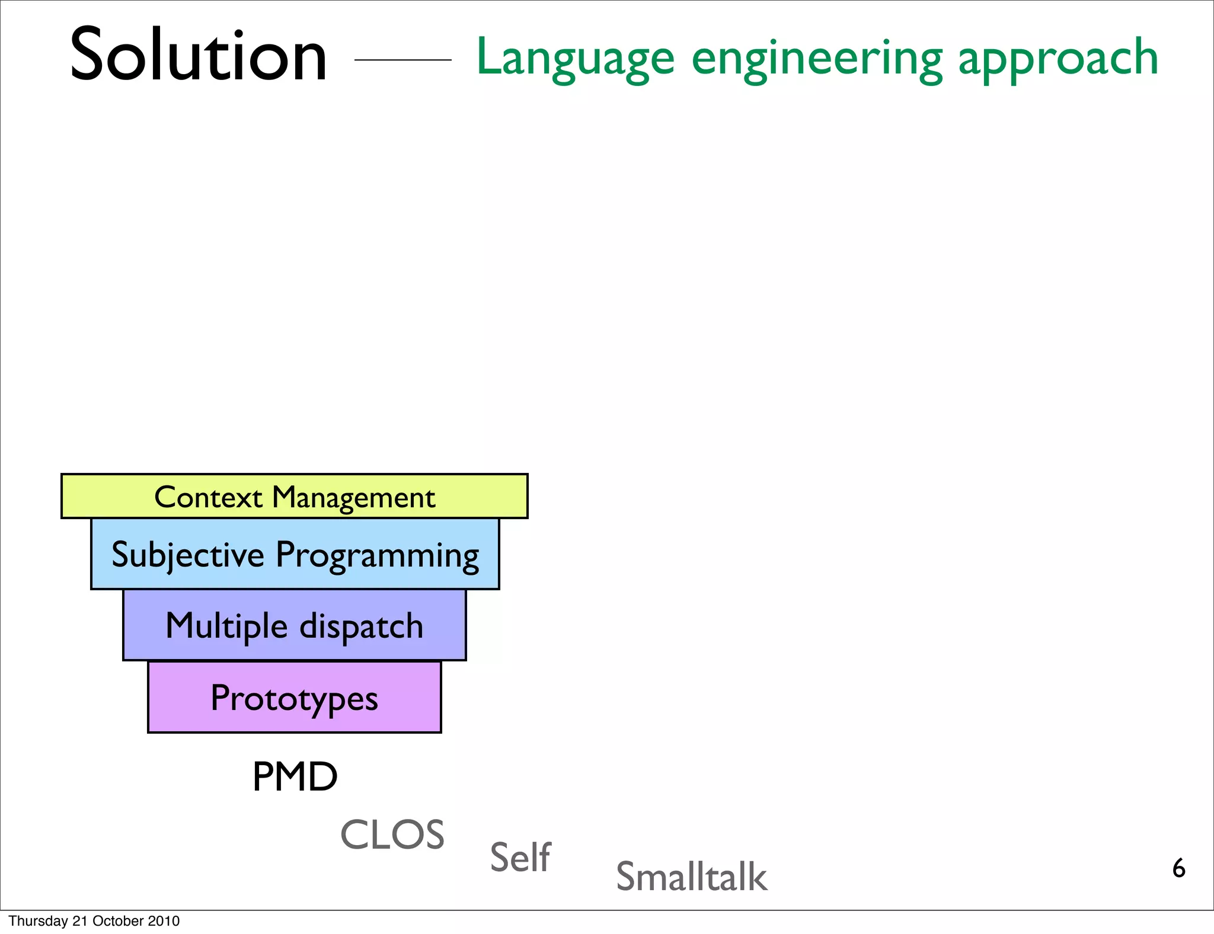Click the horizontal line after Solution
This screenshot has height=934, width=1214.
point(402,60)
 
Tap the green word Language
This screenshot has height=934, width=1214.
point(575,58)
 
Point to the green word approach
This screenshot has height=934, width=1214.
point(1058,58)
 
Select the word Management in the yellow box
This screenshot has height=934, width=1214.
point(353,498)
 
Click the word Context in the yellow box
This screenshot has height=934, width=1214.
point(208,497)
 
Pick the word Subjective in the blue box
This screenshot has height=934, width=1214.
point(188,555)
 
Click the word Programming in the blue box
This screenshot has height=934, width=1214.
point(378,556)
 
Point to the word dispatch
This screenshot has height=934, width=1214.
point(362,626)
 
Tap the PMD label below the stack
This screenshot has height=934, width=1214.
point(295,776)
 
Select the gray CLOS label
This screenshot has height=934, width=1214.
point(392,834)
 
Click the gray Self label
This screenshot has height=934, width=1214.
point(520,857)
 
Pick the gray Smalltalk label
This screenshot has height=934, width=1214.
point(691,877)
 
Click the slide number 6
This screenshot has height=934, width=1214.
point(1178,868)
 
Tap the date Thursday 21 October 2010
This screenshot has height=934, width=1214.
point(94,921)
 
